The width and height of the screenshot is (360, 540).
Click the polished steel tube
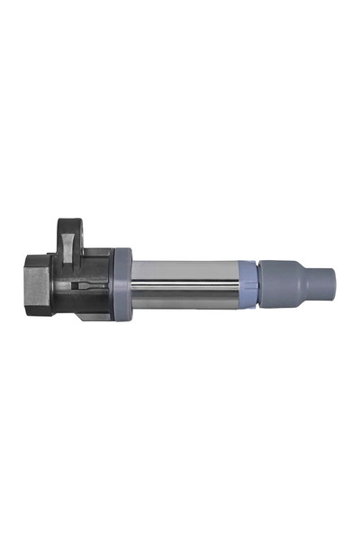184,283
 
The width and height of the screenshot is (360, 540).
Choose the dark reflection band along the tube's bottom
184,301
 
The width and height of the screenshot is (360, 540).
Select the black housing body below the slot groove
90,301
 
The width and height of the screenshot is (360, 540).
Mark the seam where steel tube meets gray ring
133,283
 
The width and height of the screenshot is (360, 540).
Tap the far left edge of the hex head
22,282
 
